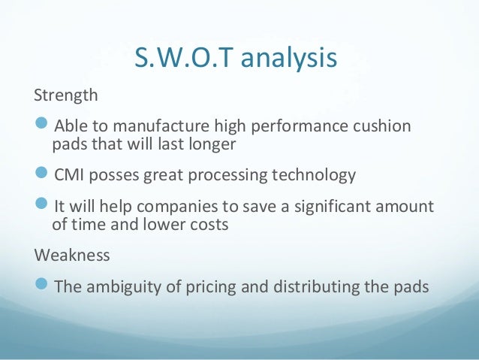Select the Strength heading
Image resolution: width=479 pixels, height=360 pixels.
[66, 96]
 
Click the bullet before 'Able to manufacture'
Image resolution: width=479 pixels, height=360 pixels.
[43, 125]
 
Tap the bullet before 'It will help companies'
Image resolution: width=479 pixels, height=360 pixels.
[43, 206]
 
